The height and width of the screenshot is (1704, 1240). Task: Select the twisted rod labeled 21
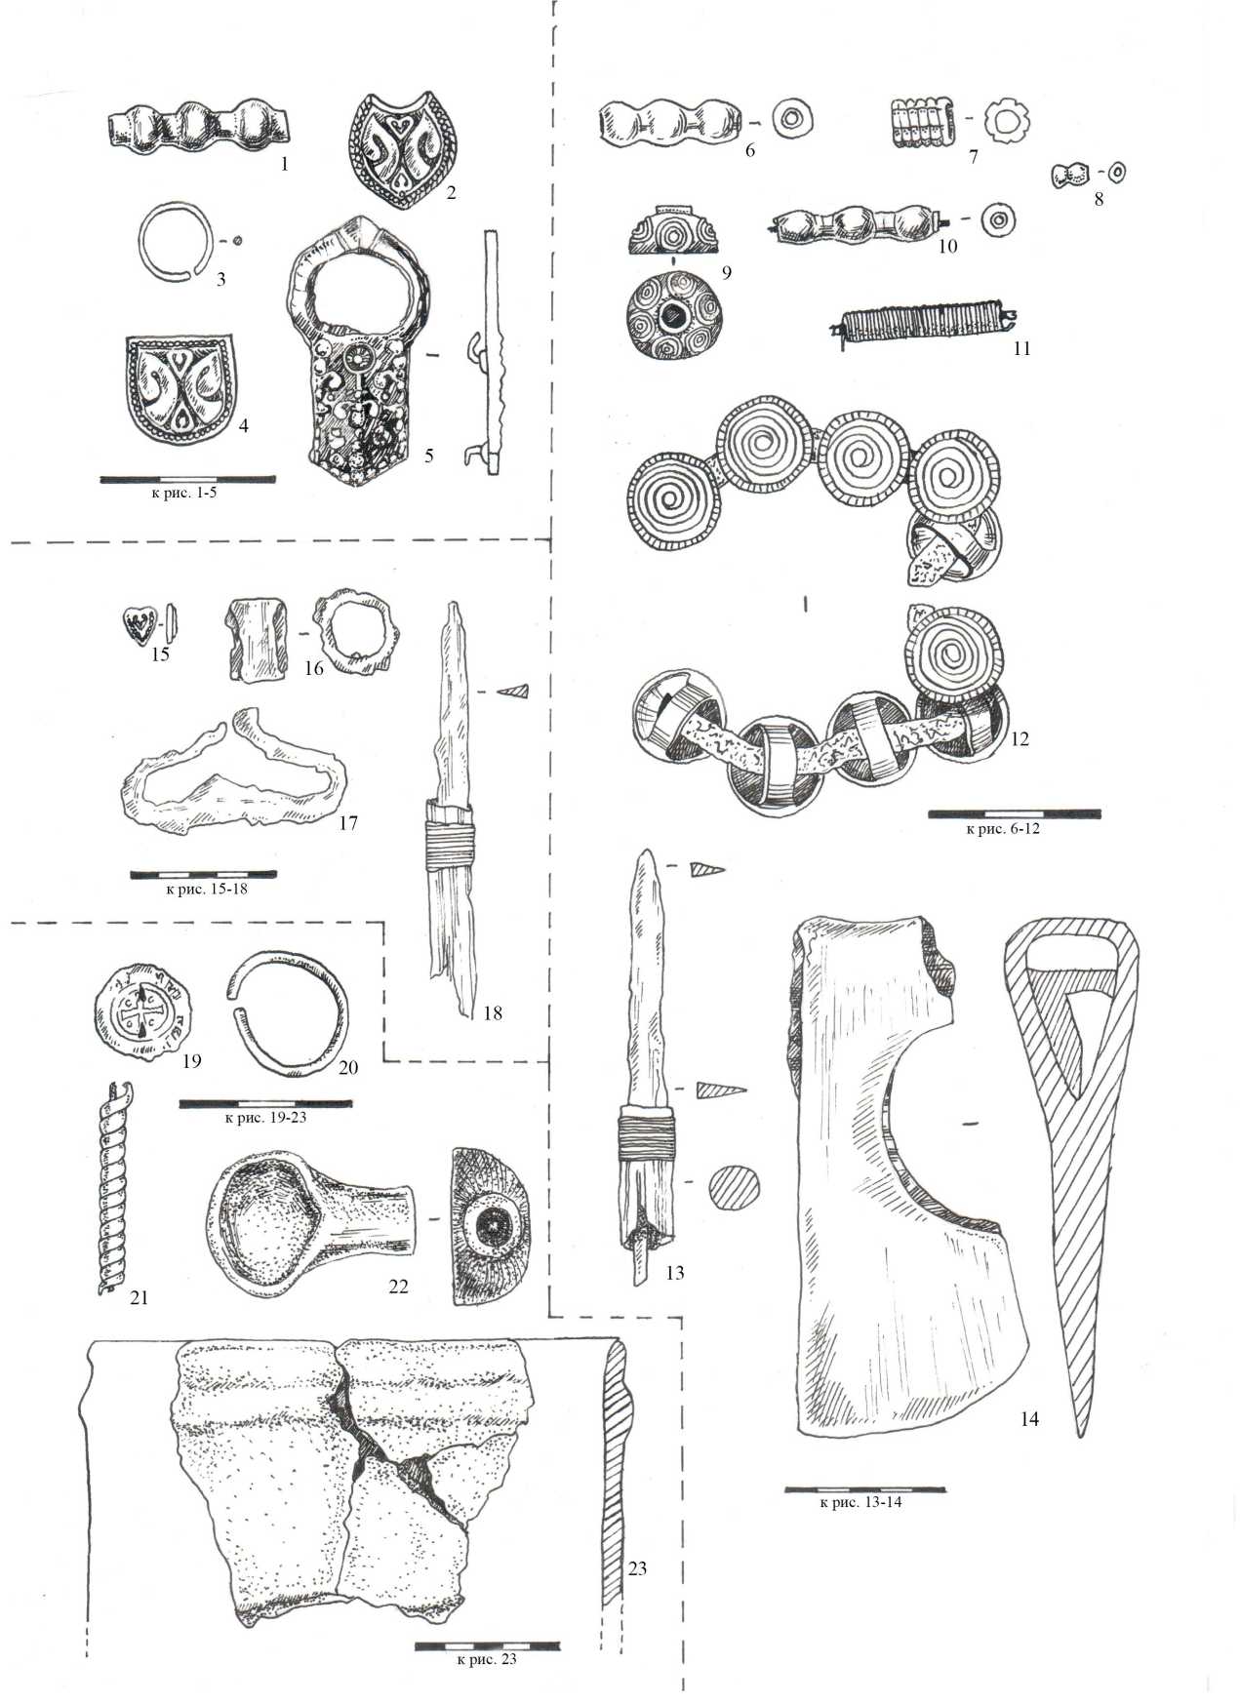click(112, 1189)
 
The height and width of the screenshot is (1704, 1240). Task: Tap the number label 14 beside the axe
click(1029, 1419)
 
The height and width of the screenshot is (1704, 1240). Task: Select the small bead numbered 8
click(1071, 176)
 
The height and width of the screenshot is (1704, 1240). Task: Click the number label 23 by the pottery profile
click(637, 1568)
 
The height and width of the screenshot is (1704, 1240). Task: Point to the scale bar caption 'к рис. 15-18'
click(205, 890)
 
